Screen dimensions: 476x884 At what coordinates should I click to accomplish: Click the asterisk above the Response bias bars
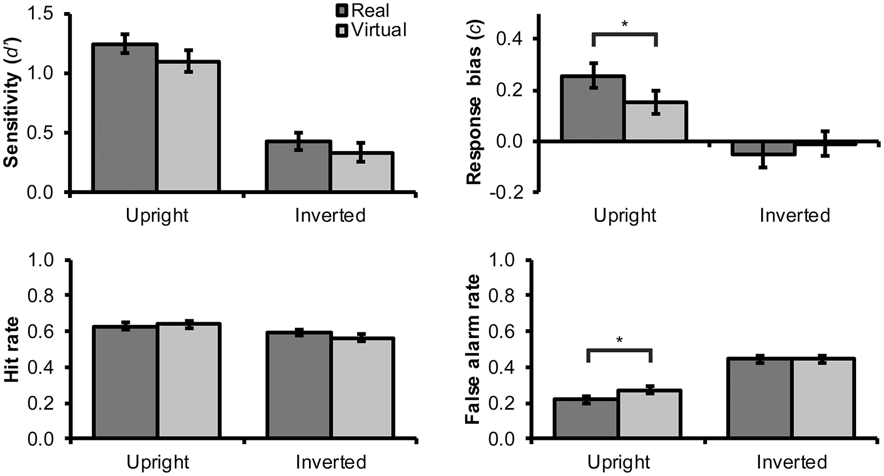pos(625,25)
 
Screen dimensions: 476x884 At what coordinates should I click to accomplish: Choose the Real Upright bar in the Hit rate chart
pos(125,383)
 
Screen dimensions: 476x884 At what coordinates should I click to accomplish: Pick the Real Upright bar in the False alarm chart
pos(586,419)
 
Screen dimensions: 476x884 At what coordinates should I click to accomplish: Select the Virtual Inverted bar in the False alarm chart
pos(823,399)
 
